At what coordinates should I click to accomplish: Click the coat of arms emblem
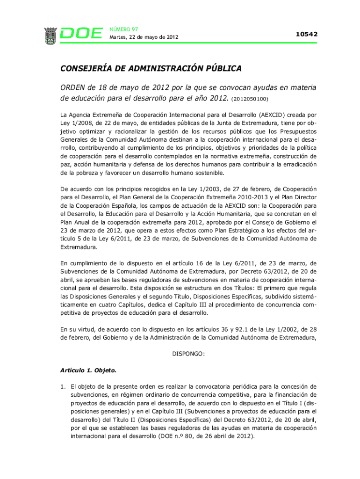click(50, 36)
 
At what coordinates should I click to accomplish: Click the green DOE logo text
click(81, 34)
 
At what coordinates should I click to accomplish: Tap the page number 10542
click(306, 34)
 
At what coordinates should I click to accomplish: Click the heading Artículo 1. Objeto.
click(88, 370)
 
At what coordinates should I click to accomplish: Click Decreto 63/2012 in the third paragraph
click(271, 271)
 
